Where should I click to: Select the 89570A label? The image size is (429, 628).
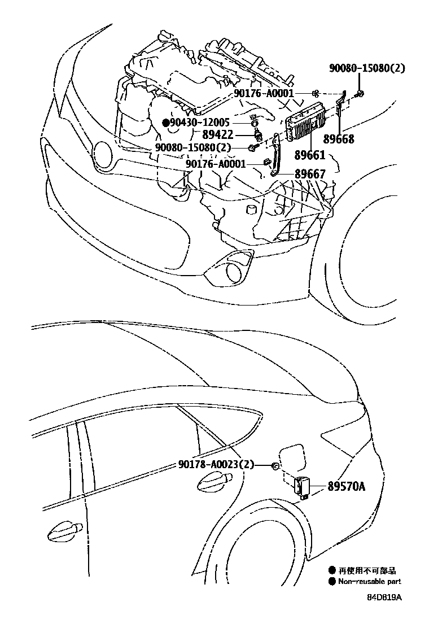pos(345,485)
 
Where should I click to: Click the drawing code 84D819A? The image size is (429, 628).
pos(387,597)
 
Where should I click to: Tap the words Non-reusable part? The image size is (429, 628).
pos(370,582)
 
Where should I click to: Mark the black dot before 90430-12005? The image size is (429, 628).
pos(165,122)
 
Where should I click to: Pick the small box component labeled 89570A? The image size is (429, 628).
pos(301,486)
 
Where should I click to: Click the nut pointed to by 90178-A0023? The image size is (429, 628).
pos(274,465)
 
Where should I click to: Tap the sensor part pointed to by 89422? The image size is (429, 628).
pos(258,135)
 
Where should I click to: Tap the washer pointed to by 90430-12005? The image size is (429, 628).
pos(255,123)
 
